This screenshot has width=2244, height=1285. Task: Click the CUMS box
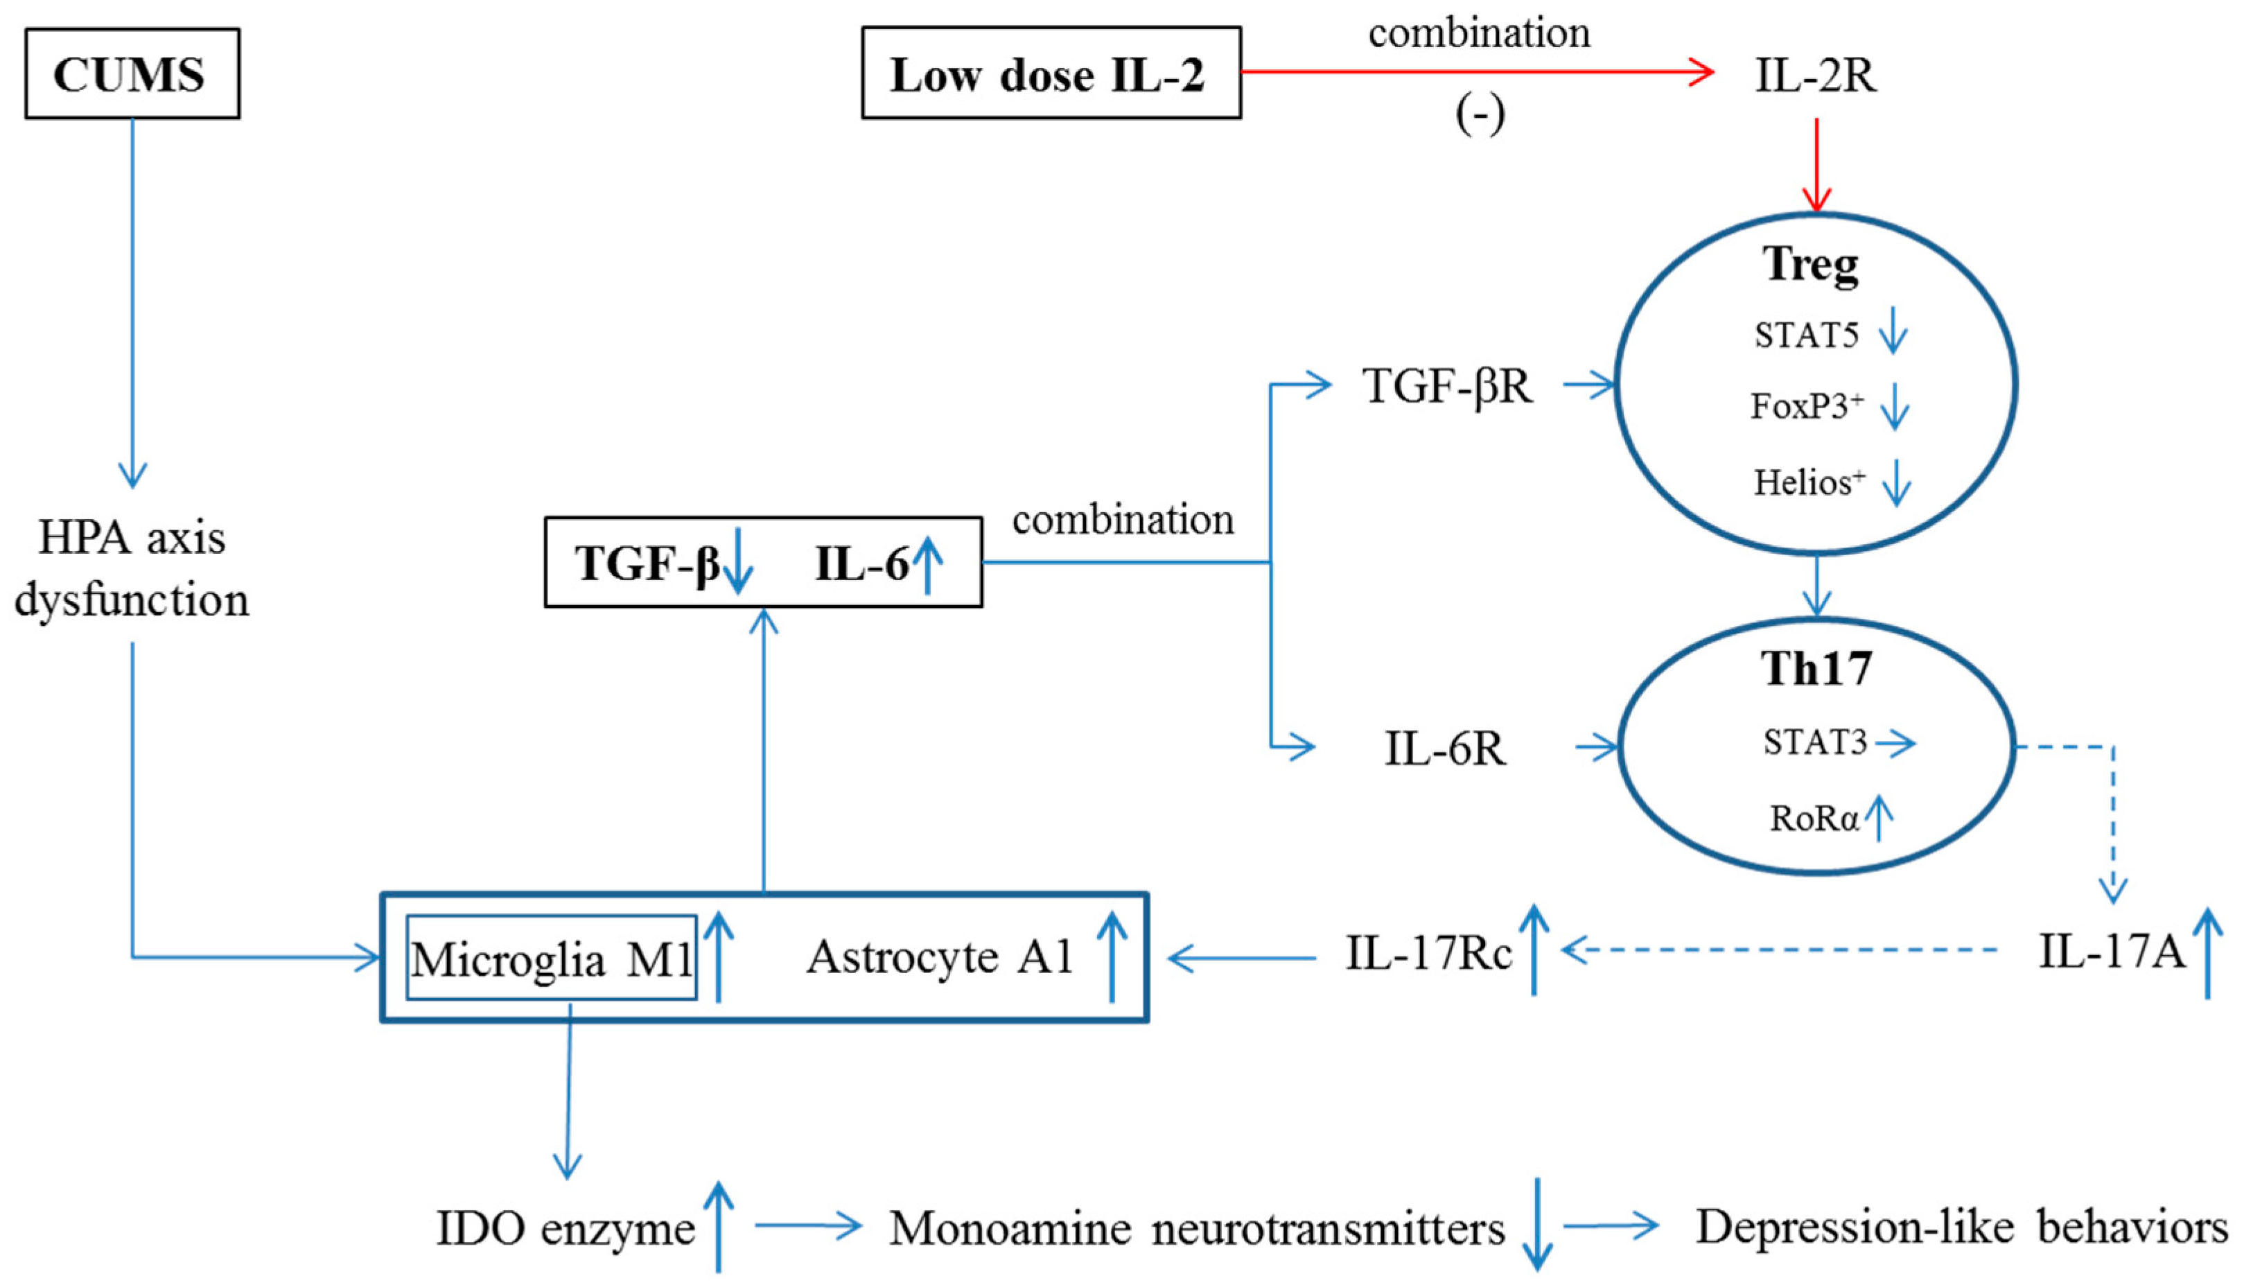(x=132, y=73)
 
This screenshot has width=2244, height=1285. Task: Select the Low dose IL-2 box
(x=1050, y=73)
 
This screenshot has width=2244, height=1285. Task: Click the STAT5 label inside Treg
(x=1805, y=336)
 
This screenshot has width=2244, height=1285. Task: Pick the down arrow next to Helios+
(x=1896, y=483)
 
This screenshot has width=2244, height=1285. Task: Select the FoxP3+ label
(x=1806, y=407)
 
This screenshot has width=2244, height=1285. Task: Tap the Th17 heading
(x=1816, y=669)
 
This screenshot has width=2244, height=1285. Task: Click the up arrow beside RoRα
(x=1879, y=817)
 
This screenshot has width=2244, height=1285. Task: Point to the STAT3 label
(x=1815, y=743)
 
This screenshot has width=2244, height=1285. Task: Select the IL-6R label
(x=1444, y=749)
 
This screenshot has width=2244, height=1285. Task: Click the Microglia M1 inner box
(x=552, y=959)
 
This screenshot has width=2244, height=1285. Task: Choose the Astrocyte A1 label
(x=940, y=956)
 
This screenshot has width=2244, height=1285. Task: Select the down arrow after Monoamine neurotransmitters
(x=1538, y=1225)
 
